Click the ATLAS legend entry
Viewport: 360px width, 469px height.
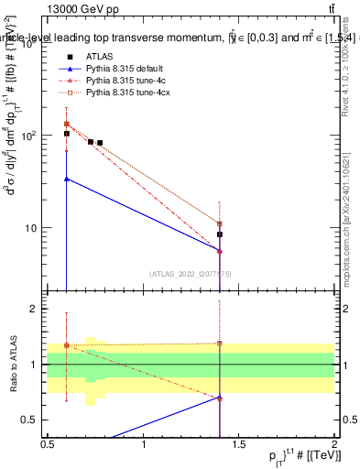[x=99, y=56]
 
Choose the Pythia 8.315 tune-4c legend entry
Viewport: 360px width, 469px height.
[x=123, y=80]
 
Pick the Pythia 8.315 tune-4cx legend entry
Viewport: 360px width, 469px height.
[x=125, y=92]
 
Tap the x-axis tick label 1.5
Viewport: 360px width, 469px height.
[x=239, y=444]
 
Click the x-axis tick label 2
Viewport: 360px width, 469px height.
[x=335, y=444]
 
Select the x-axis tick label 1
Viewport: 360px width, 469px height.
[x=144, y=444]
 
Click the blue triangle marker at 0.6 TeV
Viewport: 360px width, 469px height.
[x=66, y=179]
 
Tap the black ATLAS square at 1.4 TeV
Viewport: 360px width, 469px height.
[x=220, y=234]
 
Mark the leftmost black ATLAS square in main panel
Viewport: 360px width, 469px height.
[x=66, y=134]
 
